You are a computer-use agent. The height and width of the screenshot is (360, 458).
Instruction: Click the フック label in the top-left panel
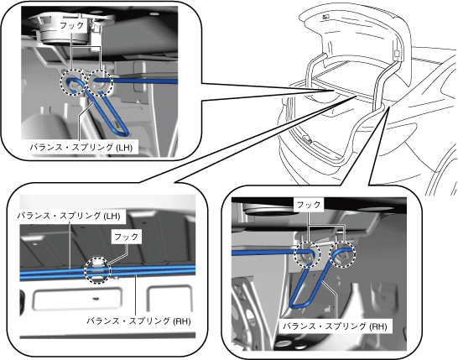pyautogui.click(x=72, y=25)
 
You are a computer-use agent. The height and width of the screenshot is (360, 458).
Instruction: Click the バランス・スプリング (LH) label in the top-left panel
pyautogui.click(x=81, y=147)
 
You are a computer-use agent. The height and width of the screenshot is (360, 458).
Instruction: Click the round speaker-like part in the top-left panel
pyautogui.click(x=65, y=33)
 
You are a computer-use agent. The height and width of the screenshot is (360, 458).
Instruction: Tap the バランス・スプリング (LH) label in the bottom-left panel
pyautogui.click(x=69, y=216)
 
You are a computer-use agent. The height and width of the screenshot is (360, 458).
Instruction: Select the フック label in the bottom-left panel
pyautogui.click(x=127, y=237)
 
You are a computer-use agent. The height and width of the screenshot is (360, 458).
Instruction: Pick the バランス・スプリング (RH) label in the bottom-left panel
pyautogui.click(x=138, y=321)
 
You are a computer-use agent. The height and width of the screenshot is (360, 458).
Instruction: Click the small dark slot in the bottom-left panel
pyautogui.click(x=96, y=299)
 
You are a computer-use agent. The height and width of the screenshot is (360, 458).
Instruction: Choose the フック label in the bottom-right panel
pyautogui.click(x=309, y=205)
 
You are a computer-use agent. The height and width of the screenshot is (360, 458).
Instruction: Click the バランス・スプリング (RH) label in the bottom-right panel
pyautogui.click(x=335, y=326)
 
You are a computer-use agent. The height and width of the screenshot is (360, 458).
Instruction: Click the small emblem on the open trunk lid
pyautogui.click(x=325, y=17)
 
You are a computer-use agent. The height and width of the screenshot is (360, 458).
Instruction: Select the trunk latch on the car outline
pyautogui.click(x=308, y=139)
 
